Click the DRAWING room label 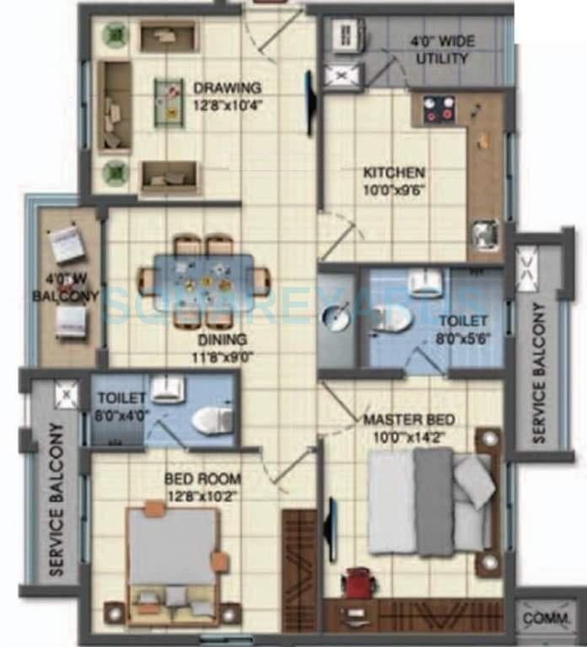(227, 88)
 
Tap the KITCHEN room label (394, 173)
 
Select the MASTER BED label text (409, 420)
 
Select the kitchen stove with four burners (439, 109)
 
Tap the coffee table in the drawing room (169, 102)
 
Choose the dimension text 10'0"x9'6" (394, 190)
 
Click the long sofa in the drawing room (114, 106)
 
